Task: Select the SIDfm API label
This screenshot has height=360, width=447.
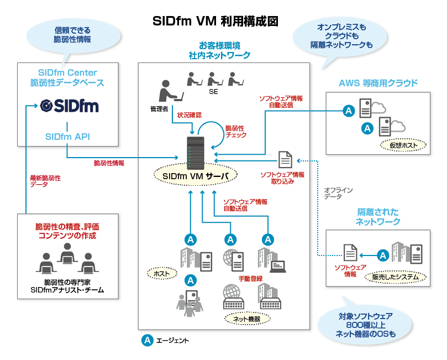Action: [68, 136]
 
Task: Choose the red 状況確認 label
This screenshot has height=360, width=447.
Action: [189, 115]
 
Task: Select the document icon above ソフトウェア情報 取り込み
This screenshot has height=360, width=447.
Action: [285, 159]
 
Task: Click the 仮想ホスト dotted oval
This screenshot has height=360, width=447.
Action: [403, 145]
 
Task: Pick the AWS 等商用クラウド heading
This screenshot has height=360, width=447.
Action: [378, 84]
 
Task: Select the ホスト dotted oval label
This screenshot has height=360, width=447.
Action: [162, 273]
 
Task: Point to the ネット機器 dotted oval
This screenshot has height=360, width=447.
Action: [247, 318]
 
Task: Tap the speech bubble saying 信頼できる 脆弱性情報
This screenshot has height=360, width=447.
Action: [72, 34]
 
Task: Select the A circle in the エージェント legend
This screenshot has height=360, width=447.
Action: [148, 340]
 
